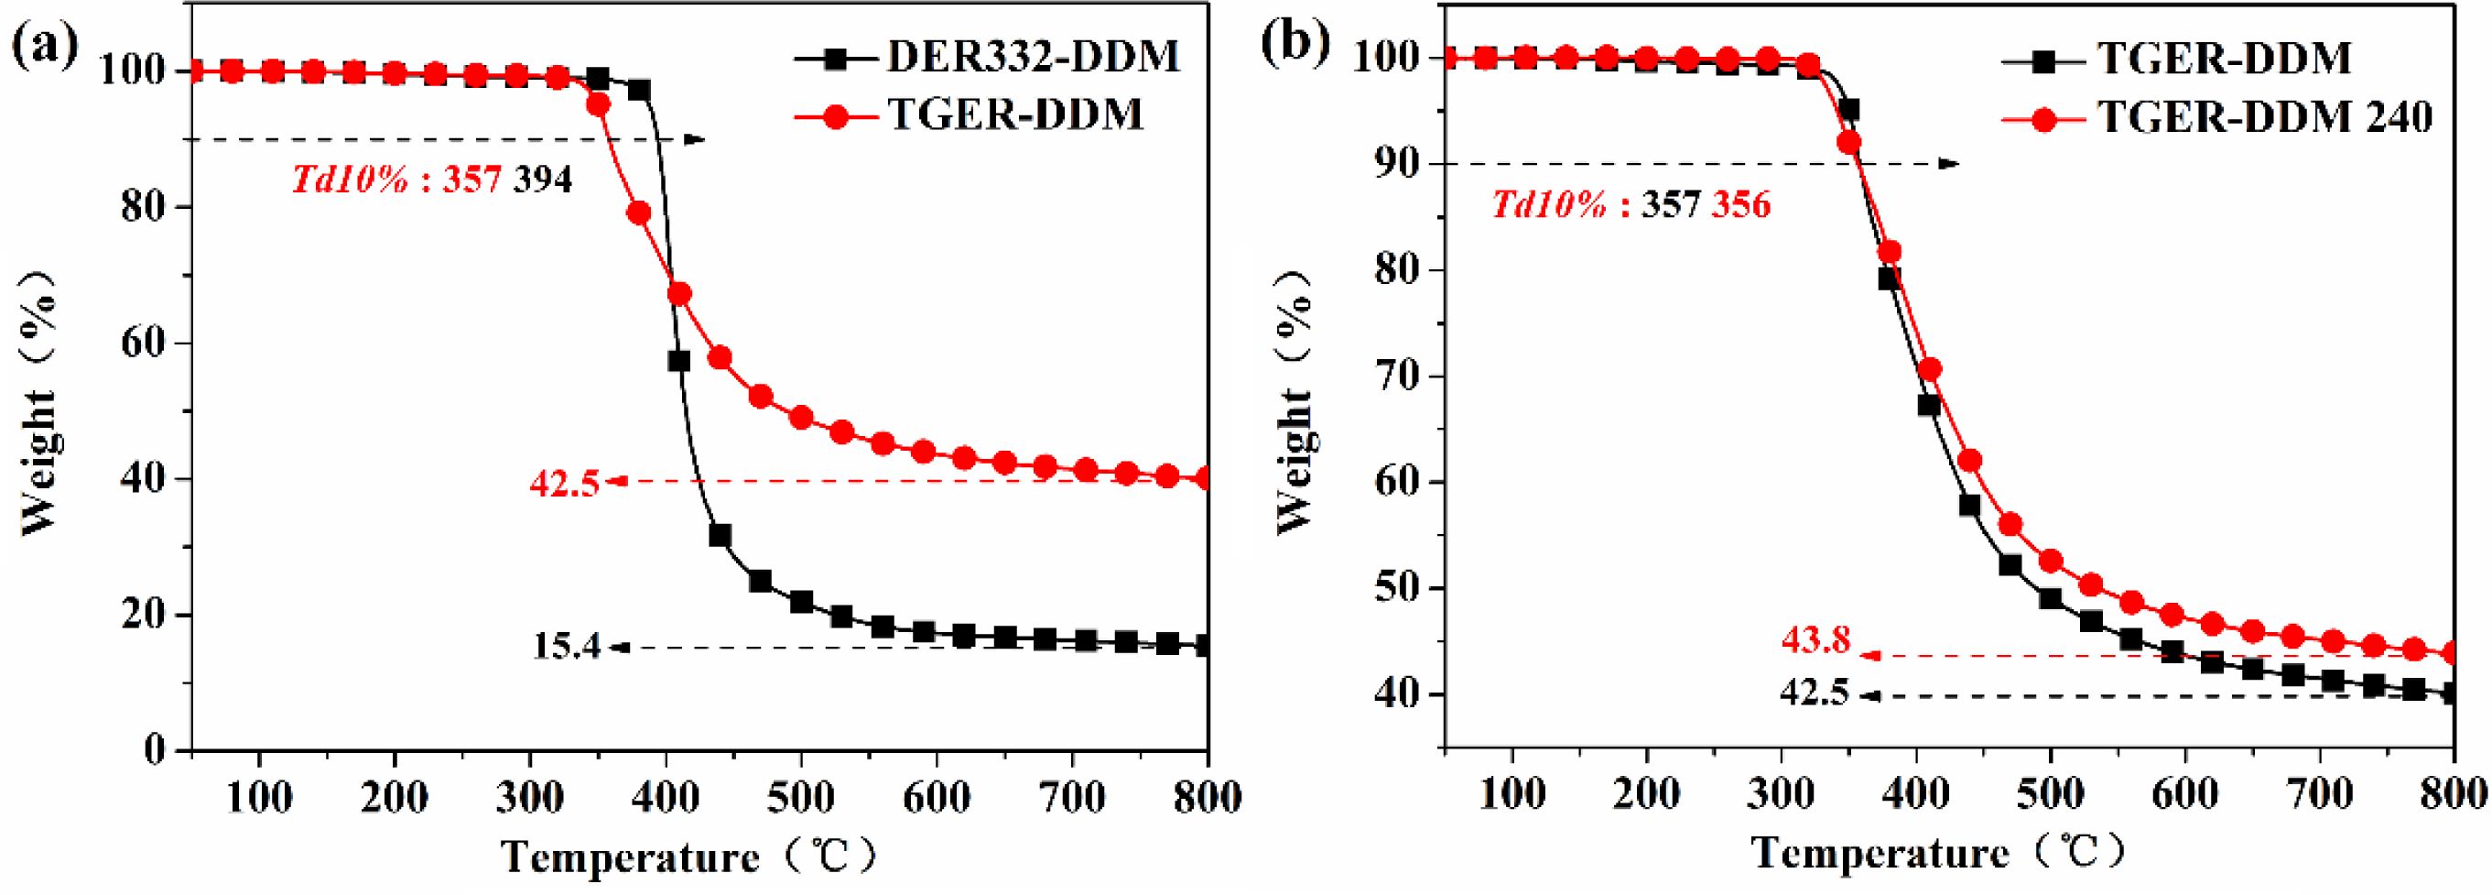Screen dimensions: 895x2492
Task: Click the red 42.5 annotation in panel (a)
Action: [564, 482]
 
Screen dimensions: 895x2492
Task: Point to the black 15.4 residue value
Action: [567, 648]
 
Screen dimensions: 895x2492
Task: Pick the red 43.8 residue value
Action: [1815, 640]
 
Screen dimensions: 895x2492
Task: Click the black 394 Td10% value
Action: [542, 180]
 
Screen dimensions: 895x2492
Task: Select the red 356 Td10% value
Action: [1741, 205]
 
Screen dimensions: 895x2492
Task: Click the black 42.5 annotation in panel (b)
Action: [1814, 693]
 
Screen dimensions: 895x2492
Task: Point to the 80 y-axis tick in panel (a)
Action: [146, 207]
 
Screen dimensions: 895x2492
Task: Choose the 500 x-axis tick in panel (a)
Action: [800, 800]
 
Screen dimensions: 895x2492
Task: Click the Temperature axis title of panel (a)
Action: [687, 857]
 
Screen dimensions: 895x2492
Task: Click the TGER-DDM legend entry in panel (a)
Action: [1013, 115]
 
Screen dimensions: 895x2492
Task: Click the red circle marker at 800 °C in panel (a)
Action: [1206, 478]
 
